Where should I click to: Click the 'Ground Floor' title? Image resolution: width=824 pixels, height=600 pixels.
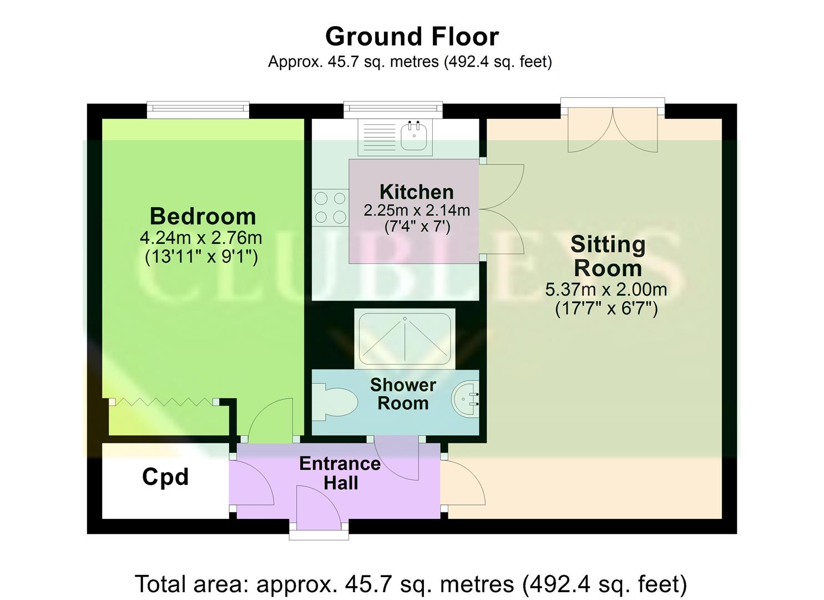coord(412,37)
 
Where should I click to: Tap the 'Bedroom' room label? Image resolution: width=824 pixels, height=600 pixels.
coord(203,216)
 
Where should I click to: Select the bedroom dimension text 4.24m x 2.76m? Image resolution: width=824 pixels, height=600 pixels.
coord(200,238)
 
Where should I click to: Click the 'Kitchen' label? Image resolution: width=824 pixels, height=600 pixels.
coord(416,192)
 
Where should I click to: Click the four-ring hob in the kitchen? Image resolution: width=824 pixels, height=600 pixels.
coord(330,207)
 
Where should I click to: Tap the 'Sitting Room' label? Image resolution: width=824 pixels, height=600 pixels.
coord(608,256)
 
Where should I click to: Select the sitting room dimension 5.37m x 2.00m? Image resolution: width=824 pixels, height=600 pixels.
coord(606,289)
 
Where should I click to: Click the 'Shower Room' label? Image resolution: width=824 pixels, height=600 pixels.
coord(403,393)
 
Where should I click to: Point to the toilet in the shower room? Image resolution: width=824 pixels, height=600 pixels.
coord(335,401)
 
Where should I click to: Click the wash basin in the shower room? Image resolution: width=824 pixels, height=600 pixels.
coord(465,398)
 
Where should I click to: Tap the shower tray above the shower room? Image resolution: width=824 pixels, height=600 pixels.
coord(405,339)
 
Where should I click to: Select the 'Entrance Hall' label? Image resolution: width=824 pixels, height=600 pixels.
coord(340,473)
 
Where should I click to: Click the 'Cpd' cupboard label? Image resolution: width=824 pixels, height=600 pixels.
coord(165,477)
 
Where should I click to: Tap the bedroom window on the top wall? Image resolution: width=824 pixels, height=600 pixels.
coord(198,109)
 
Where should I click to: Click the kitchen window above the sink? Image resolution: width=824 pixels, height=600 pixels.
coord(393,109)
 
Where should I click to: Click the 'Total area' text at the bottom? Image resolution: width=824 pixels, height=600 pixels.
coord(411,584)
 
